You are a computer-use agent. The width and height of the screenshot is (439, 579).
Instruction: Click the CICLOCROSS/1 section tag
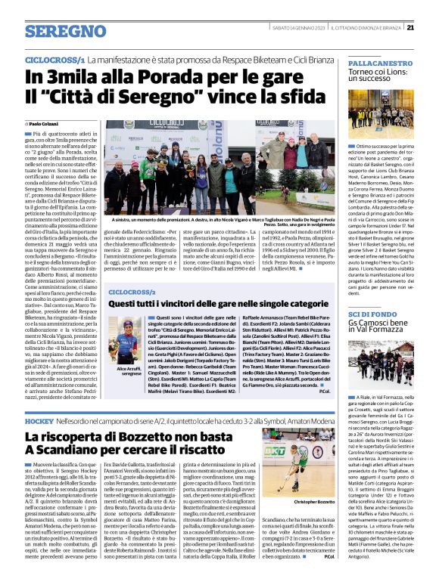point(54,58)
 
